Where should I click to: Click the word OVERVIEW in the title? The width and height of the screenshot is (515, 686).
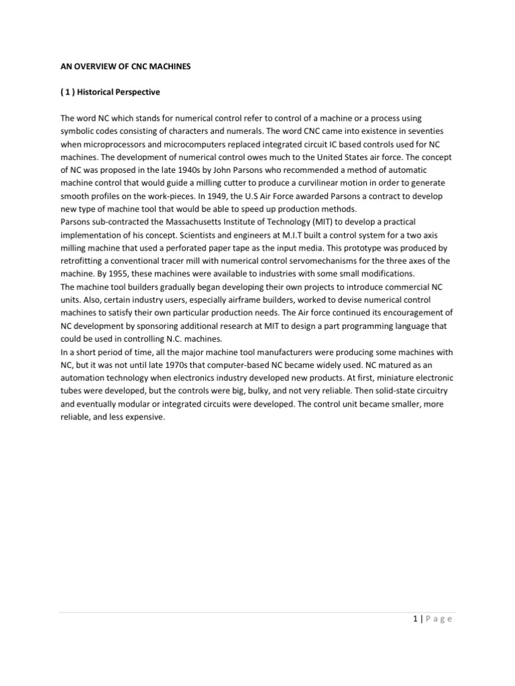(91, 67)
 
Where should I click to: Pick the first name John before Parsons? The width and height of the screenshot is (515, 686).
(239, 168)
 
